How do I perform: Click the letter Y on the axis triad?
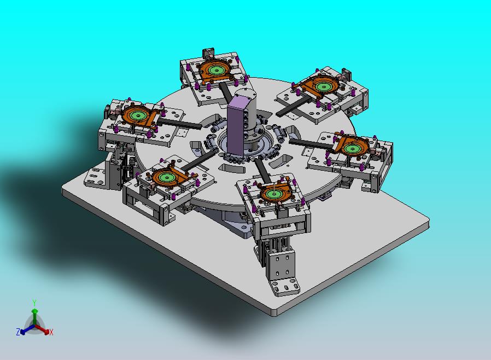pyautogui.click(x=34, y=303)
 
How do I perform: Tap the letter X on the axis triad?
pyautogui.click(x=51, y=332)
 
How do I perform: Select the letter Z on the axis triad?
pyautogui.click(x=18, y=332)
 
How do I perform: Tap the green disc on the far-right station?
pyautogui.click(x=352, y=148)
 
